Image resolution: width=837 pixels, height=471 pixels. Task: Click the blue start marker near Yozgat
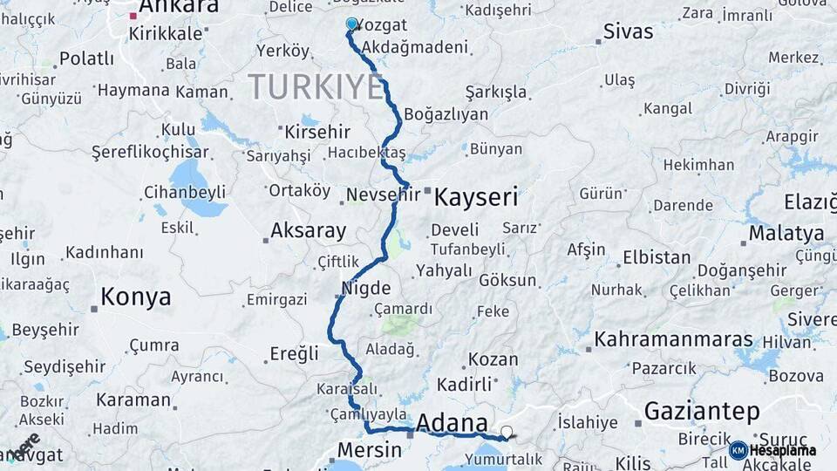click(351, 24)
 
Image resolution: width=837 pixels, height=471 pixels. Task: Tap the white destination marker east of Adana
click(507, 431)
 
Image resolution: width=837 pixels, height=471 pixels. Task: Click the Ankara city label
click(179, 8)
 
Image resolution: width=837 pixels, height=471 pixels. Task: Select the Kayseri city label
click(475, 197)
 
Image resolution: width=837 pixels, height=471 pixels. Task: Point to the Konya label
click(135, 297)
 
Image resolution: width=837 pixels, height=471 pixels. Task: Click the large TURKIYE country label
click(316, 87)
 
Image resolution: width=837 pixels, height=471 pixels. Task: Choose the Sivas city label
click(628, 32)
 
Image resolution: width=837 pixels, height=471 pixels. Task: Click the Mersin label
click(369, 450)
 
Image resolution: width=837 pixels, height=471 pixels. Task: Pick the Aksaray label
click(308, 231)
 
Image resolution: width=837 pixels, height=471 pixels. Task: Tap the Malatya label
click(786, 233)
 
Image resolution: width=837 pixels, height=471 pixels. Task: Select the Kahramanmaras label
click(674, 338)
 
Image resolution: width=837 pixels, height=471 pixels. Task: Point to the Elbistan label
click(657, 258)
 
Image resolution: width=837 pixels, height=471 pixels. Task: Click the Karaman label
click(133, 400)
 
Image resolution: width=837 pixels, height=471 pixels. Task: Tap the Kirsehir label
click(317, 133)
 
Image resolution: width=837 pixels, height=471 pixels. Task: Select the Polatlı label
click(86, 59)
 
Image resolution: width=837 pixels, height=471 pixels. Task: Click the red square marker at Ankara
click(133, 16)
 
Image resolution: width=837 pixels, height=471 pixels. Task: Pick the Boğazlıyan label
click(446, 114)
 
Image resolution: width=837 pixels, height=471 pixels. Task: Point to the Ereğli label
click(295, 353)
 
